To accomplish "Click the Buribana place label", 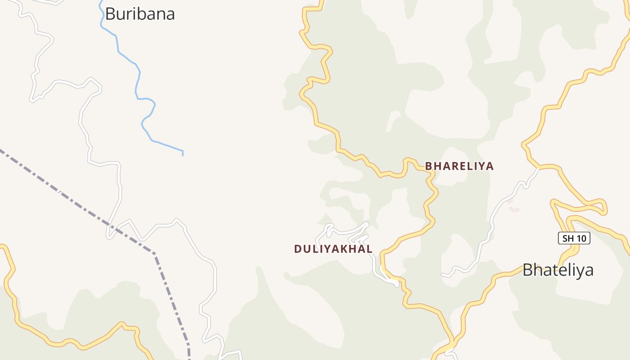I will pyautogui.click(x=139, y=14).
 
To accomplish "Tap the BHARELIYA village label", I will pyautogui.click(x=459, y=166).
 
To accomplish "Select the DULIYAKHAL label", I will pyautogui.click(x=333, y=249).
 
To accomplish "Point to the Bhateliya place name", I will pyautogui.click(x=558, y=270).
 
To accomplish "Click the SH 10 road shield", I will pyautogui.click(x=574, y=238).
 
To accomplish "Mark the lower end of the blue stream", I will pyautogui.click(x=183, y=154).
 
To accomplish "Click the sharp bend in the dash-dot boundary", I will pyautogui.click(x=154, y=254).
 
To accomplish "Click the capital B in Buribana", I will pyautogui.click(x=110, y=14).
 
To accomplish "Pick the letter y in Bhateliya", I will pyautogui.click(x=580, y=271).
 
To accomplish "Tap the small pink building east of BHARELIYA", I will pyautogui.click(x=513, y=209).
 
